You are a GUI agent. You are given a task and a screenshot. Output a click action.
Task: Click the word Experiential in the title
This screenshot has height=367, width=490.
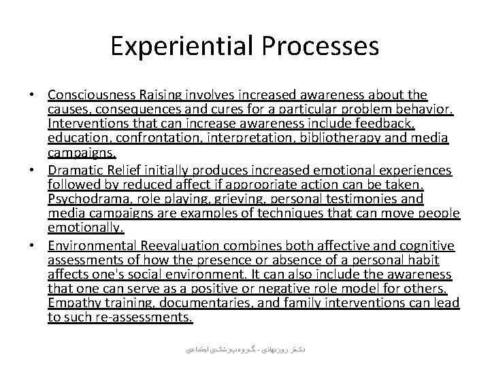click(x=182, y=46)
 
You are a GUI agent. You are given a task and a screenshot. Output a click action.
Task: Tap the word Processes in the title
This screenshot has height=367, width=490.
click(x=319, y=46)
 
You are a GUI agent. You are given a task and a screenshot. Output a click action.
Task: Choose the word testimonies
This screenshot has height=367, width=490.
click(x=365, y=198)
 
